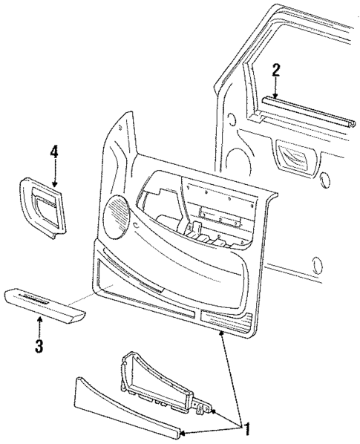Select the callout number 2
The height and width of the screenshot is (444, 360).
point(275,71)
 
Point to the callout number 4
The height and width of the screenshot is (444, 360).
point(54,154)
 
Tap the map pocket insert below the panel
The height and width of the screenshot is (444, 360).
point(160,371)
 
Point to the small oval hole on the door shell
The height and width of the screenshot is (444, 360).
point(318,264)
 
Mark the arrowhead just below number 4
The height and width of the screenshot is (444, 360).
point(55,183)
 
